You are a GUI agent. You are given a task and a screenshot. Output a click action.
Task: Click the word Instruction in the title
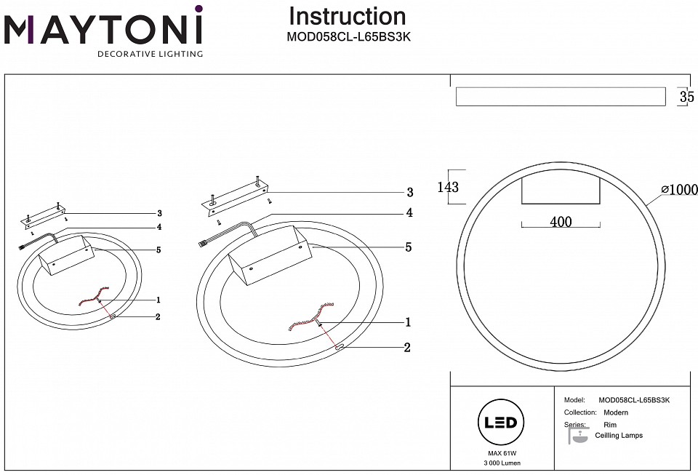coord(348,16)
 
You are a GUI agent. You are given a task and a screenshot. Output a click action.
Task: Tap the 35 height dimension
coord(686,97)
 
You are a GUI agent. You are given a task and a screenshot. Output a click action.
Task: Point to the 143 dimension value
coord(449,187)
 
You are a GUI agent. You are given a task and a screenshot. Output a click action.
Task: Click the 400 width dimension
coord(561,223)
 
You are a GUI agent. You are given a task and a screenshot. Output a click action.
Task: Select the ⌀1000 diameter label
coord(679,190)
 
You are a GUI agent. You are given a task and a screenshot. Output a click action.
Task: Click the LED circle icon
coord(498,423)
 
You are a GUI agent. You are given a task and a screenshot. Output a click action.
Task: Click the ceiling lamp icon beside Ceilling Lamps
coord(578,436)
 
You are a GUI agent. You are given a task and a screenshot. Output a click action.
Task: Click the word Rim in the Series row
coord(610,424)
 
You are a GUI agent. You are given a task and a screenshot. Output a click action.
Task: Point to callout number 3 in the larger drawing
coord(409,193)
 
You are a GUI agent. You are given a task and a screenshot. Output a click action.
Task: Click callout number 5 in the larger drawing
coord(409,247)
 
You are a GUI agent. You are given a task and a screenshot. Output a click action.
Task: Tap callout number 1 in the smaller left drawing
coord(158,300)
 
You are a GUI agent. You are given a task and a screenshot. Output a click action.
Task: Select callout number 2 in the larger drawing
coord(407,348)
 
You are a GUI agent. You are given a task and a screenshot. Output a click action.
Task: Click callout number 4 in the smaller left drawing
coord(158,227)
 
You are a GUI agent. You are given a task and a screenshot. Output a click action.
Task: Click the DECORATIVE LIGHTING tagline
coord(151,54)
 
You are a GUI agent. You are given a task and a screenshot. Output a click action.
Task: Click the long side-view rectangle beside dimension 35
coord(559,97)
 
